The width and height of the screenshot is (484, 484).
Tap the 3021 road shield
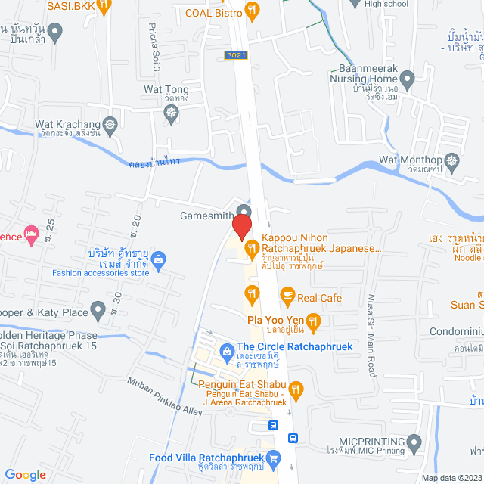pyautogui.click(x=235, y=55)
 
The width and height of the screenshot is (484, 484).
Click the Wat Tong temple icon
pyautogui.click(x=172, y=113)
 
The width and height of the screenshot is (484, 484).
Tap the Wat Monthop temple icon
pyautogui.click(x=452, y=160)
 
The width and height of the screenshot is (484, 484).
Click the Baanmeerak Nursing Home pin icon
pyautogui.click(x=408, y=78)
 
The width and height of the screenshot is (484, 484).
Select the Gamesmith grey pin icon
pyautogui.click(x=244, y=209)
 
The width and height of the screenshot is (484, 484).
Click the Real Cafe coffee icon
pyautogui.click(x=287, y=294)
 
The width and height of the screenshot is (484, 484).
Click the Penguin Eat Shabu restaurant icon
pyautogui.click(x=296, y=390)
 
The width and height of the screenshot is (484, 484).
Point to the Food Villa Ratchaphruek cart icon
pyautogui.click(x=274, y=458)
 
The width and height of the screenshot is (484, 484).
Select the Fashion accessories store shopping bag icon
pyautogui.click(x=159, y=262)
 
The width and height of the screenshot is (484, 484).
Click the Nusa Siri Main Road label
pyautogui.click(x=371, y=325)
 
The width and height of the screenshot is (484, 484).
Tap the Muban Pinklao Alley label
pyautogui.click(x=165, y=396)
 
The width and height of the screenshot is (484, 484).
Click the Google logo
pyautogui.click(x=25, y=474)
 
